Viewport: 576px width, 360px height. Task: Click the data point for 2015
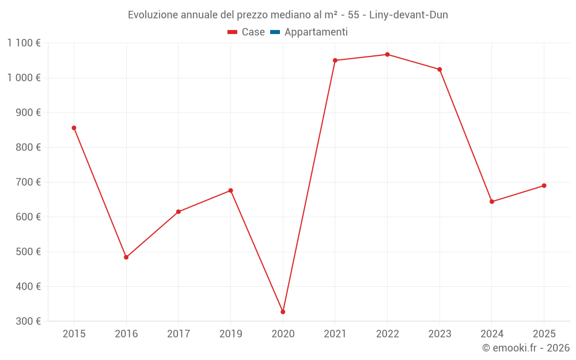coord(74,128)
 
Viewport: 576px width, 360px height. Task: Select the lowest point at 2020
coord(283,312)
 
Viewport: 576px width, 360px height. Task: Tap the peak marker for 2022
coord(387,55)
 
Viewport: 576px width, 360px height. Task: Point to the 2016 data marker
coord(126,257)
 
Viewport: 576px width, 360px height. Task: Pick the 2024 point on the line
coord(492,202)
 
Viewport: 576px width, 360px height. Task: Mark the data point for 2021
coord(335,60)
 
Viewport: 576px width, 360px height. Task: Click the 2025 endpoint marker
coord(544,185)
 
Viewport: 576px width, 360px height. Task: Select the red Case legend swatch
coord(233,32)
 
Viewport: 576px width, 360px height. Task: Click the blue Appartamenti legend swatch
coord(275,32)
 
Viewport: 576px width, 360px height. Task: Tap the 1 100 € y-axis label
coord(24,43)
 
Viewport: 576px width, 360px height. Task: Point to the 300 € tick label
coord(28,321)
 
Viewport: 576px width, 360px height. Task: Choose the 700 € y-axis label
coord(28,182)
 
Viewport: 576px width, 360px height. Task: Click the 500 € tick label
coord(28,252)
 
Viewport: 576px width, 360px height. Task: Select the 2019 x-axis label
coord(230,334)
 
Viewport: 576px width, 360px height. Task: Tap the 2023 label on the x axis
coord(439,334)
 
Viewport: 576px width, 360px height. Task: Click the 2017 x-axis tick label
coord(179,334)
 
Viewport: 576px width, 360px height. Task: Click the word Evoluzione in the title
coord(153,15)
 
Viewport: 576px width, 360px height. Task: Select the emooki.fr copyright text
coord(526,348)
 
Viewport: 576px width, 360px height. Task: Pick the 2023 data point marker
coord(439,69)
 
